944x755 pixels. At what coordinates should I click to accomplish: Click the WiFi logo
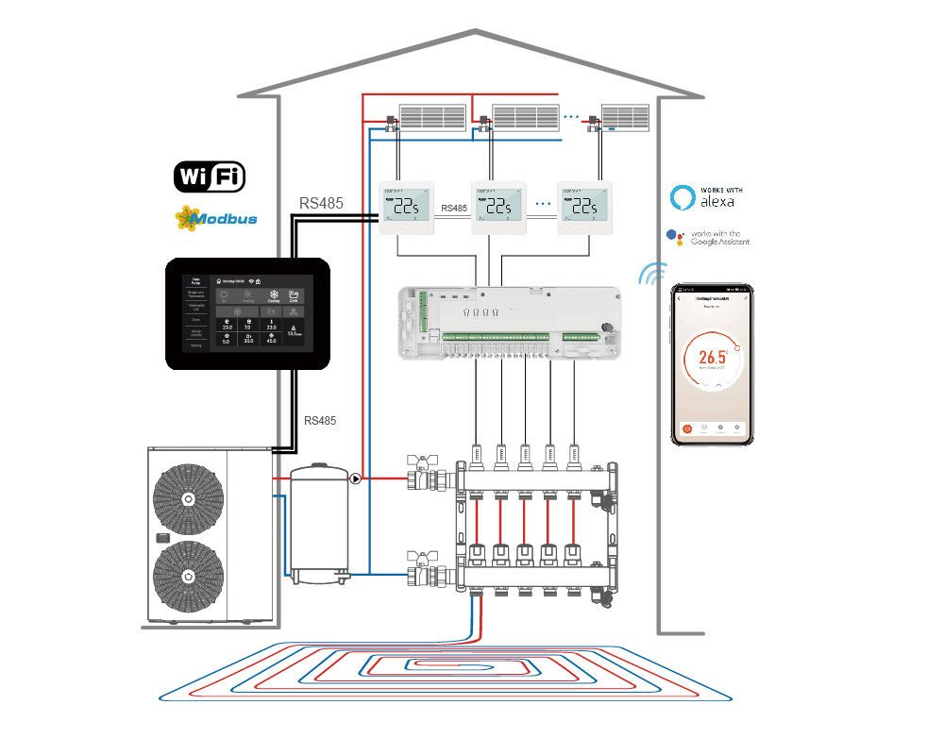coord(210,176)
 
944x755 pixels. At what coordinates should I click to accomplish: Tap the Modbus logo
coord(216,219)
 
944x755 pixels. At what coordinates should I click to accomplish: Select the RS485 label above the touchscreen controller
coord(322,203)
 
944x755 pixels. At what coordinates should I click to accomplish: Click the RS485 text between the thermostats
coord(454,208)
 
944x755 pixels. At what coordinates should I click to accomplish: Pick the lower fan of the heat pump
coord(189,576)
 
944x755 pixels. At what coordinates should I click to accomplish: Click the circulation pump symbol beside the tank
coord(356,478)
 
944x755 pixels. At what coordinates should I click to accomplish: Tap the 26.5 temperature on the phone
coord(711,358)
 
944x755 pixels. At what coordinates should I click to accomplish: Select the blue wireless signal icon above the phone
coord(652,274)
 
